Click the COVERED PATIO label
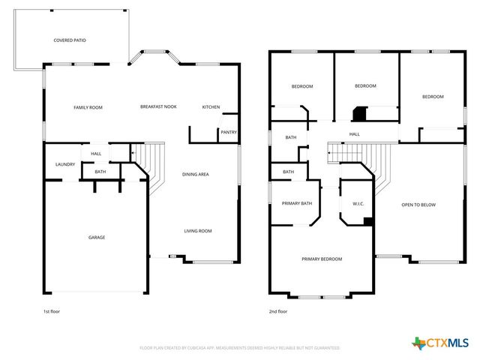tap(70, 40)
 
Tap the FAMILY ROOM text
tap(88, 107)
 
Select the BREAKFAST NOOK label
tap(158, 107)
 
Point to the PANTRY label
tap(229, 133)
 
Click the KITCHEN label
tap(211, 107)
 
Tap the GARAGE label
tap(97, 237)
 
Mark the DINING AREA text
tap(196, 174)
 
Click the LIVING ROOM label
tap(198, 231)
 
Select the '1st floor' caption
tap(51, 311)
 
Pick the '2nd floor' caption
tap(277, 311)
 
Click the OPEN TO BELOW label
tap(418, 205)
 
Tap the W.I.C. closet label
tap(358, 203)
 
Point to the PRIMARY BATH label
tap(296, 203)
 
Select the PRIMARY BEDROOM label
tap(322, 259)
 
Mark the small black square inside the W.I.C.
tap(367, 221)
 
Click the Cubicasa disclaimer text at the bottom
tap(239, 348)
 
